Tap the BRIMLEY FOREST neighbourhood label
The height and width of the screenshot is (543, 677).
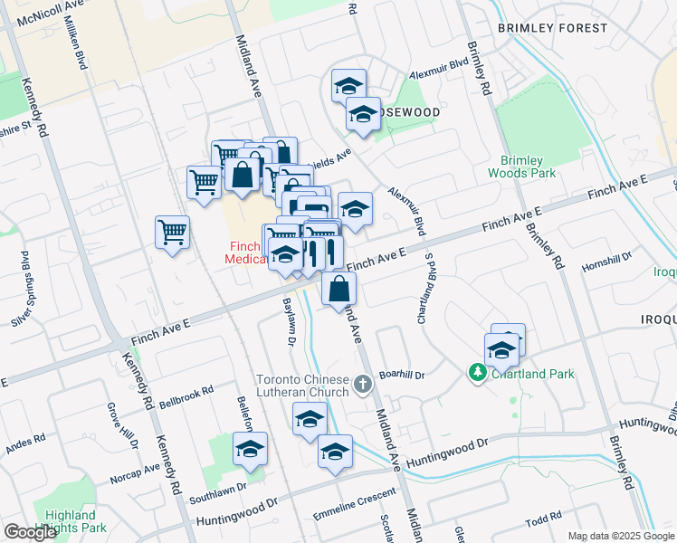coord(552,28)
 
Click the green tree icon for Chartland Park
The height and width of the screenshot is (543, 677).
coord(477,372)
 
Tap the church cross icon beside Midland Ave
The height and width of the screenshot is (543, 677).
coord(363,385)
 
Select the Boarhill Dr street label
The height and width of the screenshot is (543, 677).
coord(402,372)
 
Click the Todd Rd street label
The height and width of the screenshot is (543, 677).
coord(544,519)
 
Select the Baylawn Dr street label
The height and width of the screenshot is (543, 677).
coord(291,322)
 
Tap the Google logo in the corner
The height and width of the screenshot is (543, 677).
coord(31,532)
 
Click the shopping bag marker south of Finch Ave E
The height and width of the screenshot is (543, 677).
coord(338,290)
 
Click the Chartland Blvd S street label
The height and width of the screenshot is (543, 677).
coord(424,289)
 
